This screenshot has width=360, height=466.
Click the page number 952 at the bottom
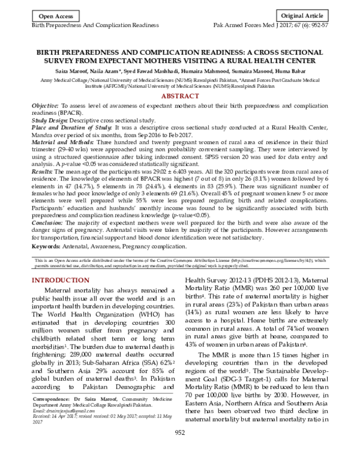[179, 450]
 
